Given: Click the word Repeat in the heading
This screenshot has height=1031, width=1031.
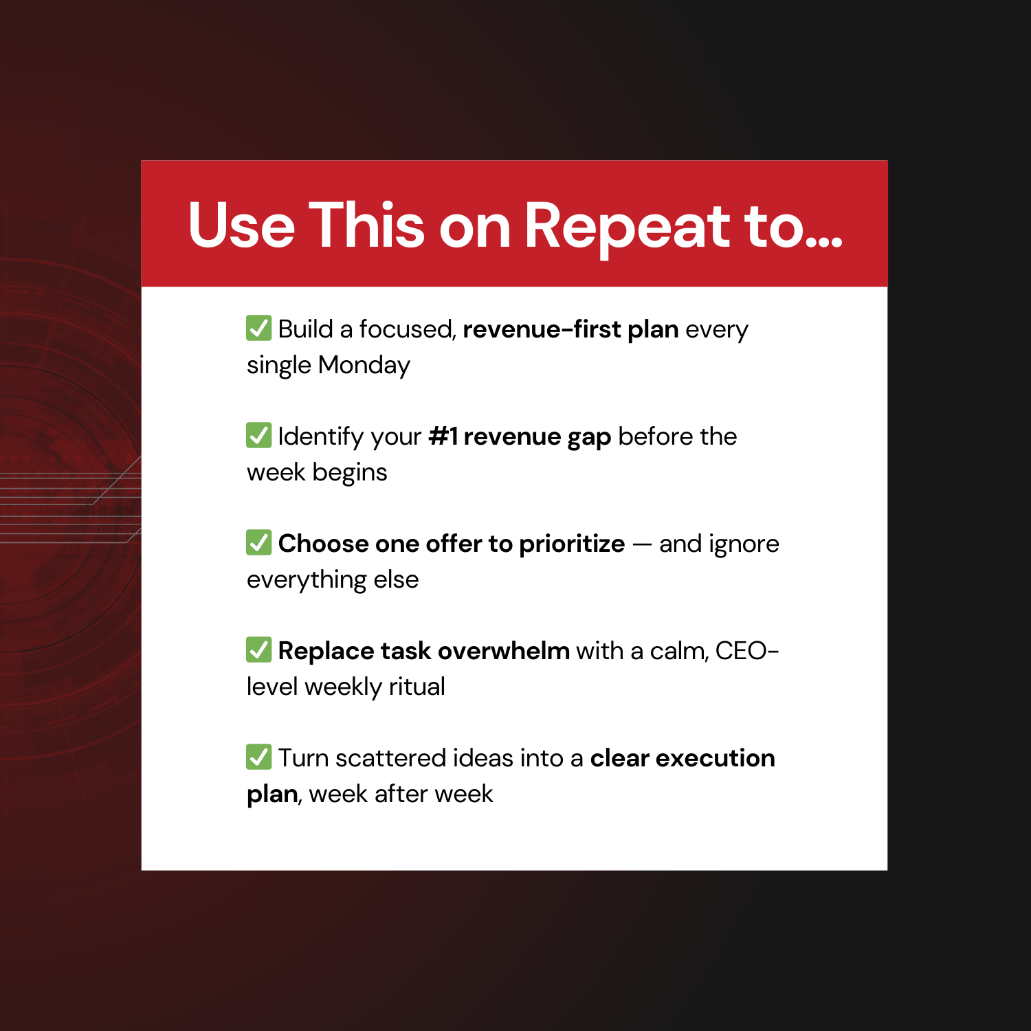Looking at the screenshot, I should [627, 226].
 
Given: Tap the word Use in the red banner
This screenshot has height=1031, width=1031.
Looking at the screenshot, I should [241, 226].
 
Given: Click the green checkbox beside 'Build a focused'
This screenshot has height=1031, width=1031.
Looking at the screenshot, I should [258, 328].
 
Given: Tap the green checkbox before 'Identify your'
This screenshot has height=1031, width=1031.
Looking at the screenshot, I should [258, 435].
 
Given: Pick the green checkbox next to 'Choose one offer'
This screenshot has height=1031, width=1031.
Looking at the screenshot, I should [258, 542].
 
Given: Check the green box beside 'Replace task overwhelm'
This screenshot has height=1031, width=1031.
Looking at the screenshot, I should [258, 650].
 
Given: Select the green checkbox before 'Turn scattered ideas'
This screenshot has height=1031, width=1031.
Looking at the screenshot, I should [258, 757].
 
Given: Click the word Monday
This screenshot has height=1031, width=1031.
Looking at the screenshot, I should [364, 365].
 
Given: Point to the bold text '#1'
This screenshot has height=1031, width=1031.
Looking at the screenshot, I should [443, 436].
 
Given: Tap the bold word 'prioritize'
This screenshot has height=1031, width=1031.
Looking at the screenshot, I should [572, 544].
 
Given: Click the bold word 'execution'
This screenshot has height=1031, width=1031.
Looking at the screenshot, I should [715, 758].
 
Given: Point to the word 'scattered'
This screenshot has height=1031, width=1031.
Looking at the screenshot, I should [391, 758].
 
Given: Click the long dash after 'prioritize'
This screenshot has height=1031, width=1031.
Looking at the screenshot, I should [642, 544].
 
